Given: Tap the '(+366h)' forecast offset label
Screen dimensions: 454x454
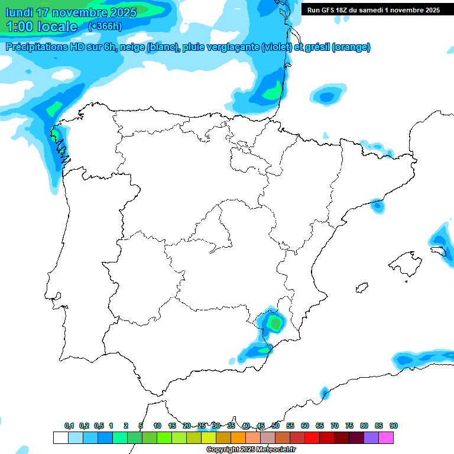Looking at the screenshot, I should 105,26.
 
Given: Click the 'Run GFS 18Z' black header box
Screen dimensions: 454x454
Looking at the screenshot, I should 373,9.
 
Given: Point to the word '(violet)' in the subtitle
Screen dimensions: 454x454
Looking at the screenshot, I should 277,47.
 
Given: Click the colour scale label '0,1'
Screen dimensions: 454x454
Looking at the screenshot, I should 69,426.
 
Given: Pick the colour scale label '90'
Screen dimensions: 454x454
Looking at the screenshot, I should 394,426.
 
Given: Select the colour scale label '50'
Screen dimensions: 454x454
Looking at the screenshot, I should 275,426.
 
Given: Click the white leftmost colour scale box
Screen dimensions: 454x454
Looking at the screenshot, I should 60,437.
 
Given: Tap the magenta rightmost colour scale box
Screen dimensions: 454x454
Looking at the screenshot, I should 386,437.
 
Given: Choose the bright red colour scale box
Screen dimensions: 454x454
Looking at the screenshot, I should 312,437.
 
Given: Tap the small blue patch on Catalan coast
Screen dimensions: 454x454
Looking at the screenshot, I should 377,206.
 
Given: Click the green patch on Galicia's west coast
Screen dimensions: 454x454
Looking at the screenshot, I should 54,135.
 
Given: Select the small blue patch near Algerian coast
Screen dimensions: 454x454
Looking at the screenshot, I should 324,393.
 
